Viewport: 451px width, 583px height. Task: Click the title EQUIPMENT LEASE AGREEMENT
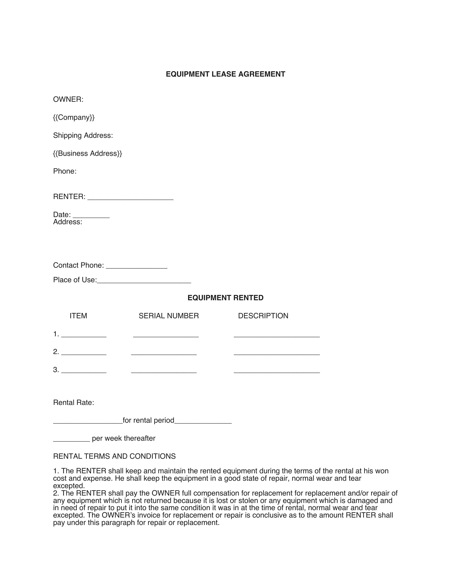(225, 74)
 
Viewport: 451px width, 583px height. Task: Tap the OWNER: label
(68, 100)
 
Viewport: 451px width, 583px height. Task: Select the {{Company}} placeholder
(74, 117)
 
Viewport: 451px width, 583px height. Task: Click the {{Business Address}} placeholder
(87, 153)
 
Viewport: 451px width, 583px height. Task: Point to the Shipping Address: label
(83, 136)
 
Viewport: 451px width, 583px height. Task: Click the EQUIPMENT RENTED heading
(225, 298)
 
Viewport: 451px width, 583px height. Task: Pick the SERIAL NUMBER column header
(168, 316)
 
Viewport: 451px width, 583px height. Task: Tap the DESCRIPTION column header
(263, 316)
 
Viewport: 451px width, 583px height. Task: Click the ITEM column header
(78, 316)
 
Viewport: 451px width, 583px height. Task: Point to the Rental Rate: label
(73, 403)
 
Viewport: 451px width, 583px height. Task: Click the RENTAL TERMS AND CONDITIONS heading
(114, 457)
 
